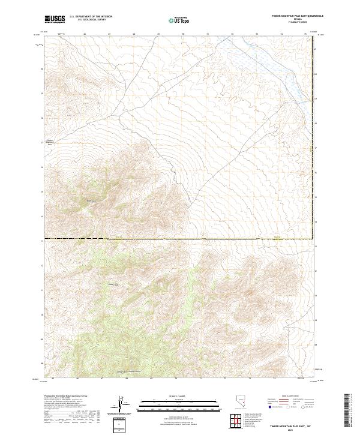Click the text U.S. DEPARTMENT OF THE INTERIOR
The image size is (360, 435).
[x=91, y=17]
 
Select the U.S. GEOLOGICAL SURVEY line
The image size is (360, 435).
[x=86, y=20]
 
